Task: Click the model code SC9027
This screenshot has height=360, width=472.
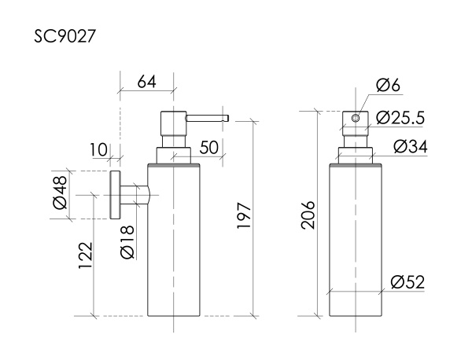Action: [65, 37]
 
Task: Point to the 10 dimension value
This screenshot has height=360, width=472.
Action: [98, 149]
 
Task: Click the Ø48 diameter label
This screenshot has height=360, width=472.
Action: [61, 194]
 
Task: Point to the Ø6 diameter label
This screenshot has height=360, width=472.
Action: [388, 85]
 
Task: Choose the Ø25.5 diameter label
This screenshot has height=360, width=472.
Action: [400, 118]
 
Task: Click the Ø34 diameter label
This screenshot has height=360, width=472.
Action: [408, 146]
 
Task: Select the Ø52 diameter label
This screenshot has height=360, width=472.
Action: [407, 282]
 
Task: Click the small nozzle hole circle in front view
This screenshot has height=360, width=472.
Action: [356, 119]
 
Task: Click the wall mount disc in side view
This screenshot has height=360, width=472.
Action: [115, 194]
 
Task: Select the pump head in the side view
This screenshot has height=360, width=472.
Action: [171, 126]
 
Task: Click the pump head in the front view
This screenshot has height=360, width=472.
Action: [356, 126]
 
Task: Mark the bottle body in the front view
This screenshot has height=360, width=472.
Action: [356, 236]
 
